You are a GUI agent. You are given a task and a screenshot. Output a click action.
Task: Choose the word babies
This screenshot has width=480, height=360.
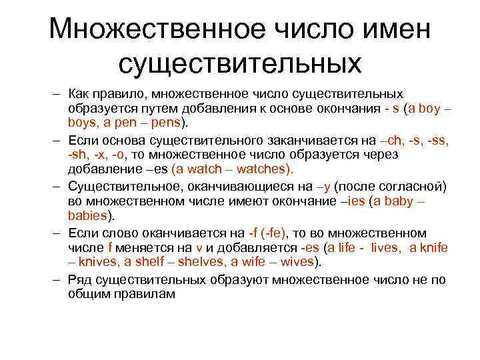click(x=88, y=215)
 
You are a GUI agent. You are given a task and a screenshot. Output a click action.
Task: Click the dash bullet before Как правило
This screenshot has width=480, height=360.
click(x=58, y=95)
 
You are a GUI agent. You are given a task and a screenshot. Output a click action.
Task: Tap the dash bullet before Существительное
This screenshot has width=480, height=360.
click(x=58, y=185)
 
